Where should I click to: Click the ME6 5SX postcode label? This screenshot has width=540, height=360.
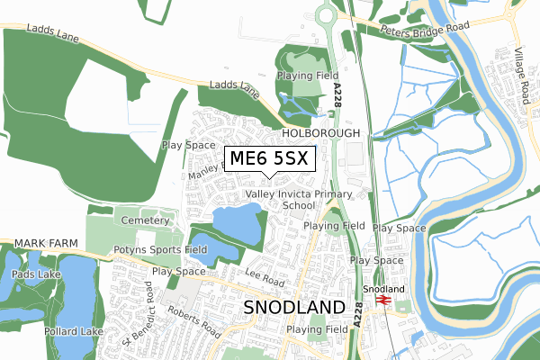point(268,159)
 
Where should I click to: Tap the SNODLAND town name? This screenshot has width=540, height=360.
point(294,307)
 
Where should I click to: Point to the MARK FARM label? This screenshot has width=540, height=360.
point(39,245)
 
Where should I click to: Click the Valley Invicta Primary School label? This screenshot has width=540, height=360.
point(306,199)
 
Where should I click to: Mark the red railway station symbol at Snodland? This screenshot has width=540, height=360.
point(382,300)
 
